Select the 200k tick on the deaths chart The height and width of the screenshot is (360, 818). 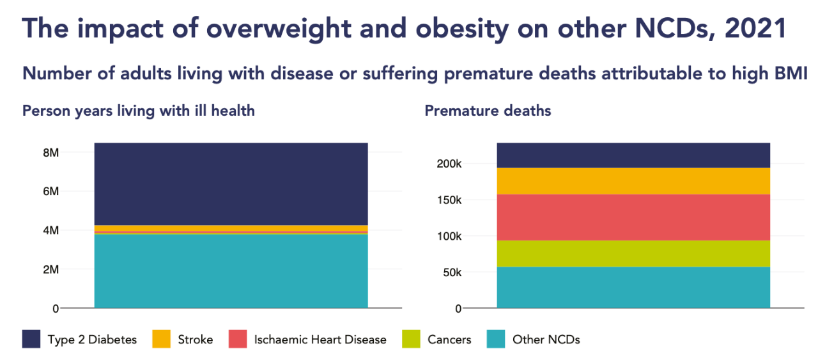coord(449,164)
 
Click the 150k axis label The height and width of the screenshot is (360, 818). coord(449,200)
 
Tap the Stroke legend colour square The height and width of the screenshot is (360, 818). coord(161,339)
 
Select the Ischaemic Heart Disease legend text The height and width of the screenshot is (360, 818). coord(320,340)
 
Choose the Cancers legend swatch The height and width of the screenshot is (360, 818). coord(411,339)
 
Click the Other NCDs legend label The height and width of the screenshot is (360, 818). coord(546,340)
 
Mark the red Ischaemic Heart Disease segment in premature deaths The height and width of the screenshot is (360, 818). coord(633,217)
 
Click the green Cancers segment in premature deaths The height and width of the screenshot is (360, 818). coord(633,253)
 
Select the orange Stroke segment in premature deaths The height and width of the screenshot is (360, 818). coord(633,181)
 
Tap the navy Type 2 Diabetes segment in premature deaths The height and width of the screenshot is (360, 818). coord(633,155)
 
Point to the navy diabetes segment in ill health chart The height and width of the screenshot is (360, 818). coord(231,184)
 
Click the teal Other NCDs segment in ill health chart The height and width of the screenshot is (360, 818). coord(231,271)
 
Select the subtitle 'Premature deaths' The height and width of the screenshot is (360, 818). coord(488,111)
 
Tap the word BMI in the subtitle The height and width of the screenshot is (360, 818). coord(791,74)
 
